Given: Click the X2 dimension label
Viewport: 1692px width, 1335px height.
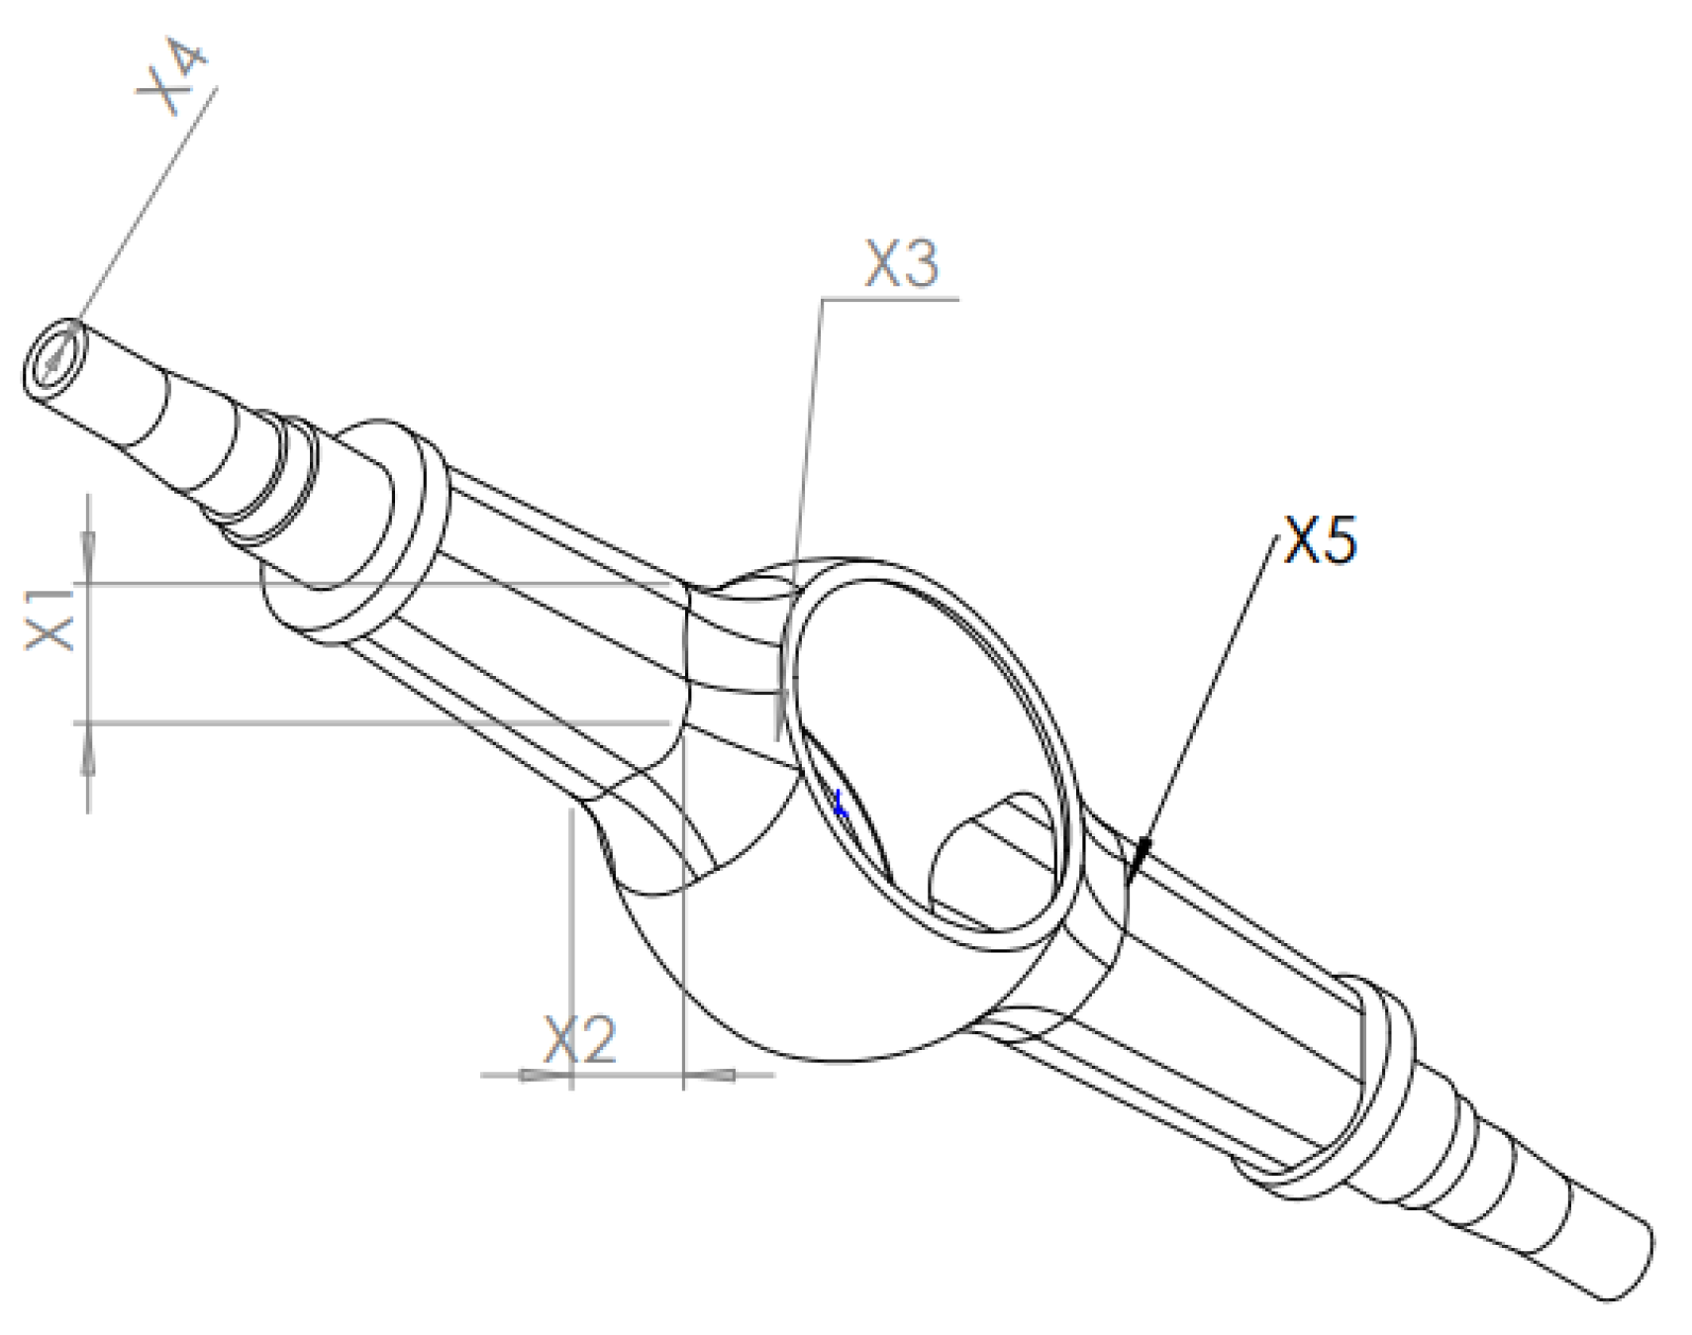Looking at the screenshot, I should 579,1039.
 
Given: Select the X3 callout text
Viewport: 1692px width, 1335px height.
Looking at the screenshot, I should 900,264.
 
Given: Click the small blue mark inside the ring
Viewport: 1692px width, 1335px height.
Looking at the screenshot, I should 841,805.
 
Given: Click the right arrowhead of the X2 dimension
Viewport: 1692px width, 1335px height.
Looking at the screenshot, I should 711,1074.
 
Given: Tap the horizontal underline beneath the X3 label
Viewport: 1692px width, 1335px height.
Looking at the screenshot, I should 891,297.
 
